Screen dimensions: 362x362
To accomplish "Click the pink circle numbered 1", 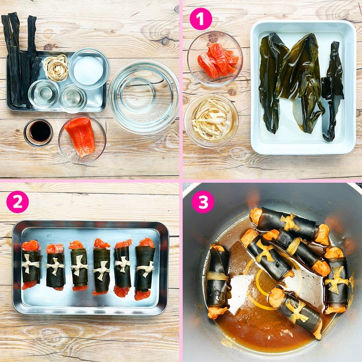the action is click(201, 19).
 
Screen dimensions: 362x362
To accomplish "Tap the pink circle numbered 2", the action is click(18, 202).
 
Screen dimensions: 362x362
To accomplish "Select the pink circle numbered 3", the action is click(203, 202).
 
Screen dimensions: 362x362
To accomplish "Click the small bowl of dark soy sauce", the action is click(38, 133).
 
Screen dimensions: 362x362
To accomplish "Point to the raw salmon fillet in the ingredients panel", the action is click(80, 136).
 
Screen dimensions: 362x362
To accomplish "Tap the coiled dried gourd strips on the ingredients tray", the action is click(56, 67).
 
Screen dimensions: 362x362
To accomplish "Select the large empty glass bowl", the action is click(143, 97).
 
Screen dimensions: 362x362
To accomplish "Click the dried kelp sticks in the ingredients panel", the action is click(20, 60).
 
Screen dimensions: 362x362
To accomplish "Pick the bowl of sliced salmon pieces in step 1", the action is click(215, 59).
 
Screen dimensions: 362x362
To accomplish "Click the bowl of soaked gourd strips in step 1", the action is click(211, 121).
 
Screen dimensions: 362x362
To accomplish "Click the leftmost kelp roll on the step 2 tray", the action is click(30, 264).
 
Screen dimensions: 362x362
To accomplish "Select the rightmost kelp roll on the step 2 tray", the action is click(145, 268).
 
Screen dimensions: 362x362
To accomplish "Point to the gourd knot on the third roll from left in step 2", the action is click(79, 265).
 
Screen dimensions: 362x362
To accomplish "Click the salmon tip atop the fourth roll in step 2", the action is click(102, 244).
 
